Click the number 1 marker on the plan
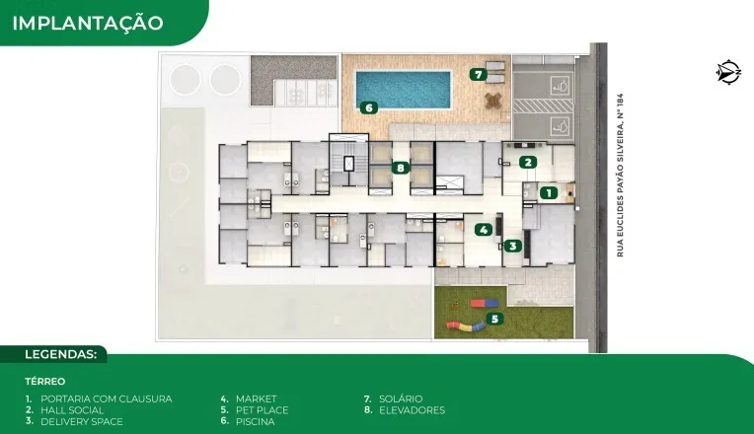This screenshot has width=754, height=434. click(548, 192)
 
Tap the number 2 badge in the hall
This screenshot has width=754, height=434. click(528, 162)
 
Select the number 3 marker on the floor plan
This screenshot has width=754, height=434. click(512, 246)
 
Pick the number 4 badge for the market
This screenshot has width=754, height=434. click(484, 230)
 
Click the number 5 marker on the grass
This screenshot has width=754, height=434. click(494, 319)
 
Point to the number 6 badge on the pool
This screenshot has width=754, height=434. click(369, 108)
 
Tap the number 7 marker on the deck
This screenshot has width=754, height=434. click(478, 75)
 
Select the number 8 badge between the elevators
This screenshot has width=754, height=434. click(400, 168)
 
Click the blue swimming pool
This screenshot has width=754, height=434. click(404, 90)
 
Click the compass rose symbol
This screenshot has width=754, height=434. click(728, 72)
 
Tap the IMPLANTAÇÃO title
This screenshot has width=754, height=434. click(88, 23)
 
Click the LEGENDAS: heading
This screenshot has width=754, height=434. click(61, 355)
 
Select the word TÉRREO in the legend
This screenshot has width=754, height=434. click(45, 382)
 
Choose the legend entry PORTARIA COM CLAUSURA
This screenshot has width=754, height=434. click(106, 398)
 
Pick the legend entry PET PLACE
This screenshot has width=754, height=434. click(263, 410)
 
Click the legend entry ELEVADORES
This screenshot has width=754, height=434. click(413, 410)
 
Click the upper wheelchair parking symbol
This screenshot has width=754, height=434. click(560, 85)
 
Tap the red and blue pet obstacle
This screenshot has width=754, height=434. click(485, 303)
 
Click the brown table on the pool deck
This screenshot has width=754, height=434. click(493, 100)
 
